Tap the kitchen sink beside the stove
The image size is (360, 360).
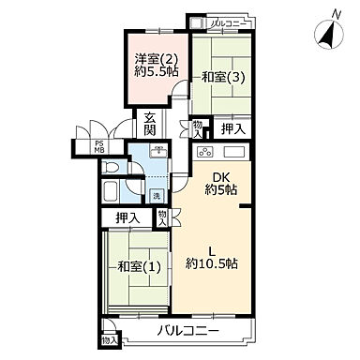pos(234,153)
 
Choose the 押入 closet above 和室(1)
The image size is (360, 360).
pos(127,218)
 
